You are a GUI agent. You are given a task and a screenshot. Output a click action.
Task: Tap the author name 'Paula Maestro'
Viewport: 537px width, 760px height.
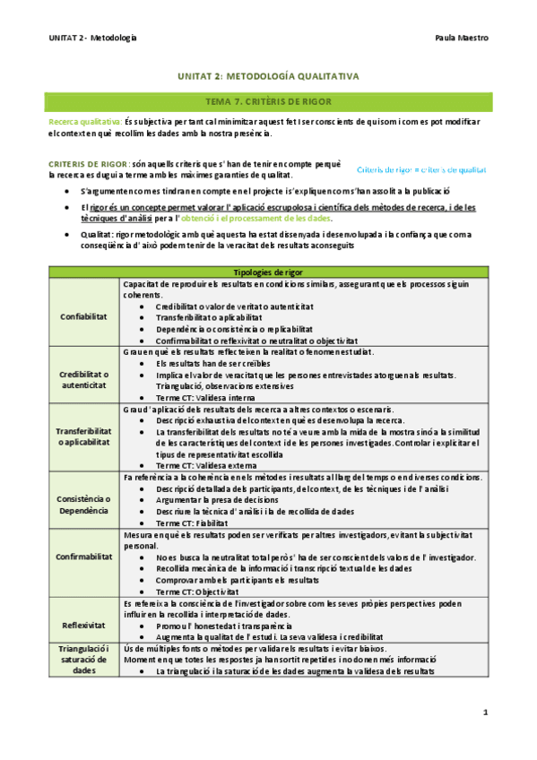(460, 38)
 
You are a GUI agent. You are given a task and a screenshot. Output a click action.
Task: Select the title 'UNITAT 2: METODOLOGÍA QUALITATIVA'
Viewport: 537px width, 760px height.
(268, 77)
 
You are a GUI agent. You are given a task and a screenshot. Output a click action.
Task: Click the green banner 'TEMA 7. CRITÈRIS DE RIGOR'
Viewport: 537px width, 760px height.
(268, 102)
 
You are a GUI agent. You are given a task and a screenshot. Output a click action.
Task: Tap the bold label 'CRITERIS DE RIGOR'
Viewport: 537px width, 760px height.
(88, 164)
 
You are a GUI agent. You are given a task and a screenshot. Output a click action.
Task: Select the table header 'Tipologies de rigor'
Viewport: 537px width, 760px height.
(268, 272)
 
